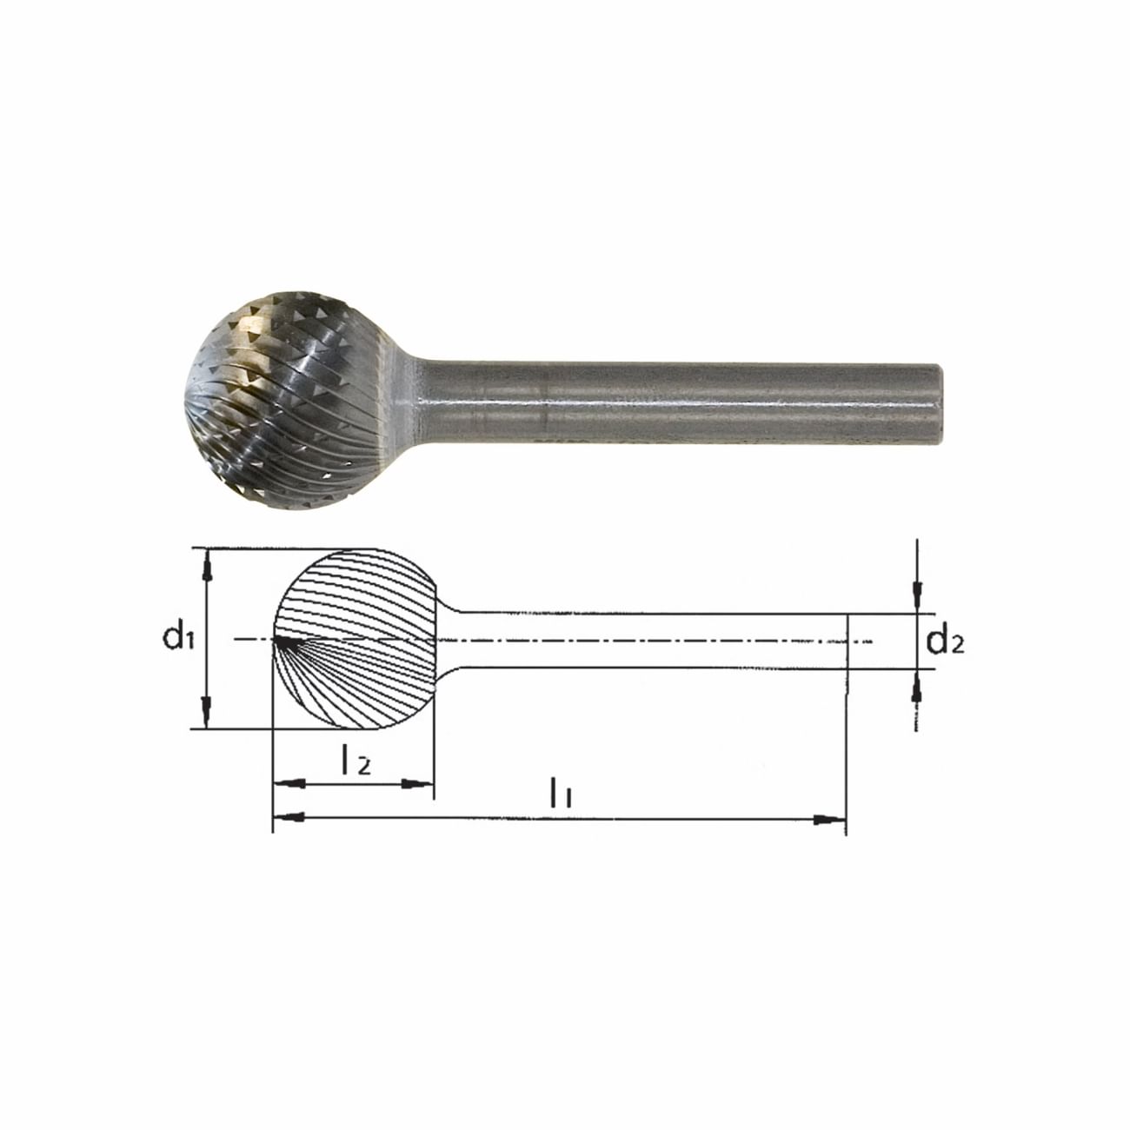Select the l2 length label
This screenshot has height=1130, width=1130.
356,761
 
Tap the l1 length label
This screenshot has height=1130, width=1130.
560,792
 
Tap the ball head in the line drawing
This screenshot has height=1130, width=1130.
356,639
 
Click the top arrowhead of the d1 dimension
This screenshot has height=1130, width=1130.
206,566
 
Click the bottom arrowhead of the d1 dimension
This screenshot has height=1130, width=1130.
206,713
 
